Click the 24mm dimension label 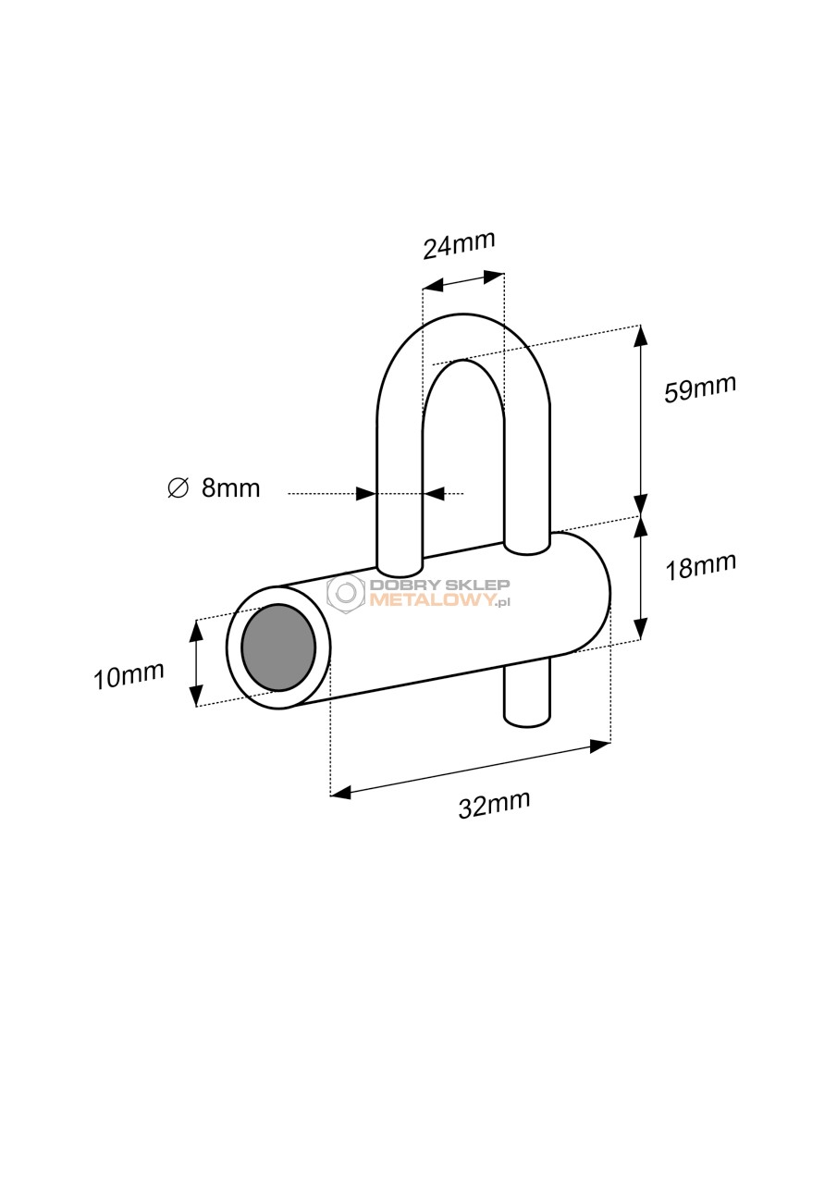click(x=459, y=245)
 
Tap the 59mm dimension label click(x=699, y=388)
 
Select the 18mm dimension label click(x=699, y=567)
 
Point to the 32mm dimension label click(x=494, y=805)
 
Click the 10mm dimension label click(x=129, y=676)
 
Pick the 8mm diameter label click(x=231, y=488)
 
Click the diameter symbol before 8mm click(x=178, y=487)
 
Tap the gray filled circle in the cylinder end click(x=278, y=647)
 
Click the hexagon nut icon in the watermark click(x=346, y=593)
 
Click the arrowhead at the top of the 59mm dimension click(x=640, y=334)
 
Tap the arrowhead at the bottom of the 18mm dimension click(x=640, y=630)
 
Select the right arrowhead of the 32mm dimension click(x=601, y=746)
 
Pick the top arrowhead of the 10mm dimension click(x=196, y=630)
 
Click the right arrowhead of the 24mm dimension click(x=494, y=277)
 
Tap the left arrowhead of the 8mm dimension click(x=365, y=494)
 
